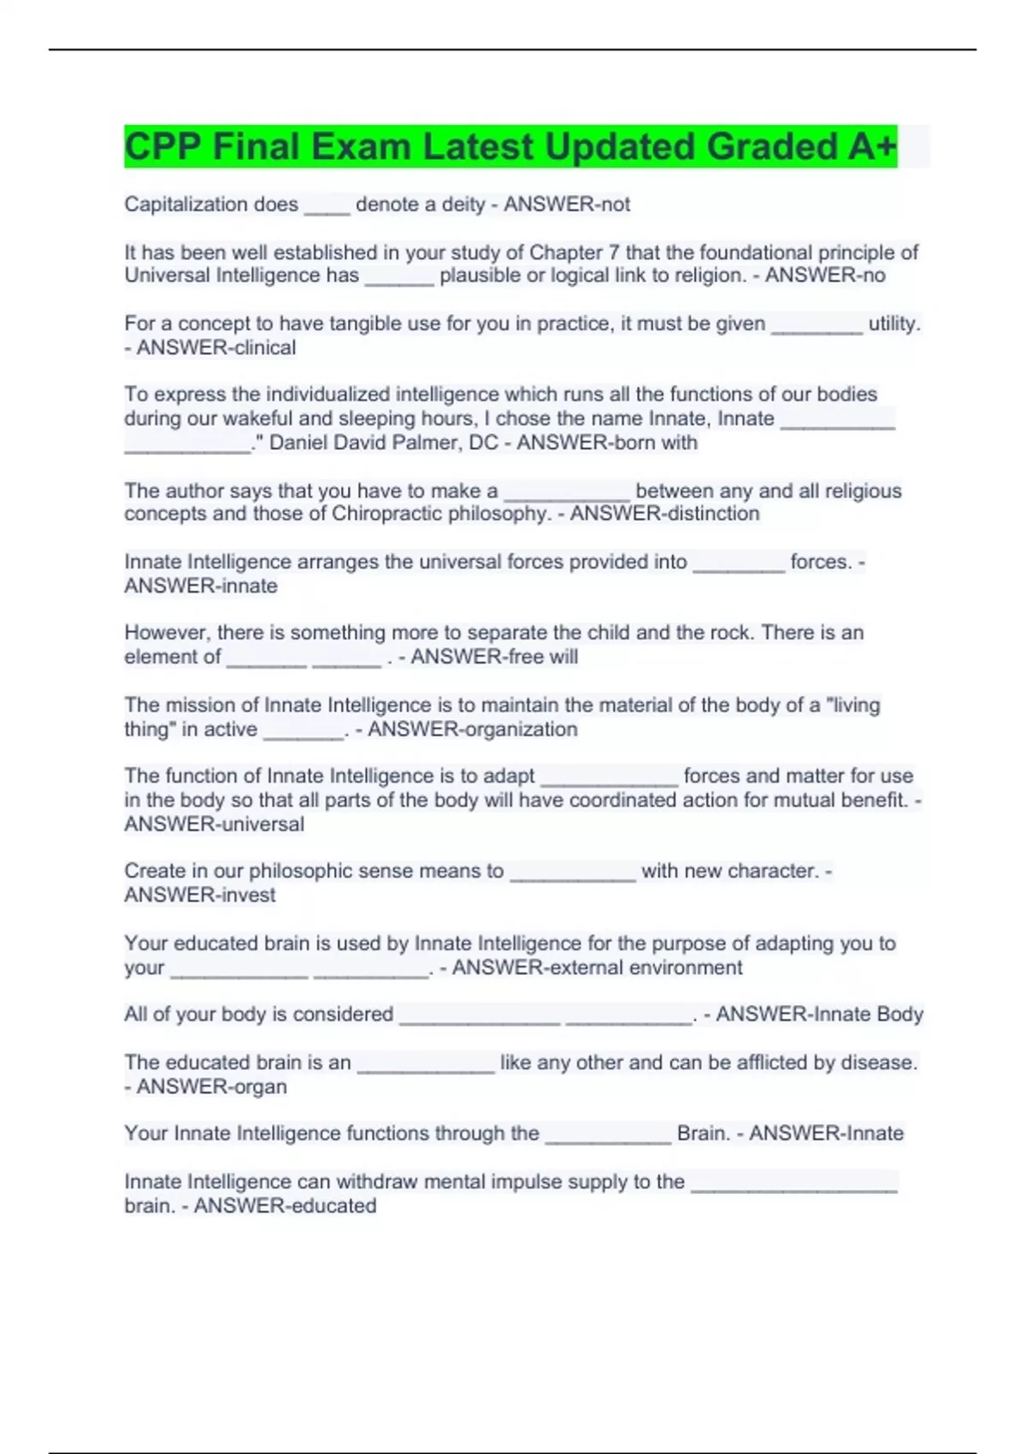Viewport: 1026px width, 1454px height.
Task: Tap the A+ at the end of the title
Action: [x=872, y=146]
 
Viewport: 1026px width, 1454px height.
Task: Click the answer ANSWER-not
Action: [x=567, y=204]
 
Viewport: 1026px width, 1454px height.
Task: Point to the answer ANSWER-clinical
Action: [x=216, y=347]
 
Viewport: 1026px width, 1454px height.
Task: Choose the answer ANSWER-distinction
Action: [x=664, y=513]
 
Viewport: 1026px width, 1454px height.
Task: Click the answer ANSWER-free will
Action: [x=494, y=657]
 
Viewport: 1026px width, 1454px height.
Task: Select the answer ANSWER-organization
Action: [x=472, y=729]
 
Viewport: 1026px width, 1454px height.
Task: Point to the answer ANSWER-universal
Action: [x=214, y=824]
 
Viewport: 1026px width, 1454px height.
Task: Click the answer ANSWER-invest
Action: [x=200, y=895]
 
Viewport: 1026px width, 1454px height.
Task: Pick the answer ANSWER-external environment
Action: [x=597, y=967]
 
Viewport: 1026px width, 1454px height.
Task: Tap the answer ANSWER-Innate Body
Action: [x=819, y=1014]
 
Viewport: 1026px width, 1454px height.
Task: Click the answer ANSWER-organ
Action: [x=211, y=1086]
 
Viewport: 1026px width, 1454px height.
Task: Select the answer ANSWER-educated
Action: [x=285, y=1205]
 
